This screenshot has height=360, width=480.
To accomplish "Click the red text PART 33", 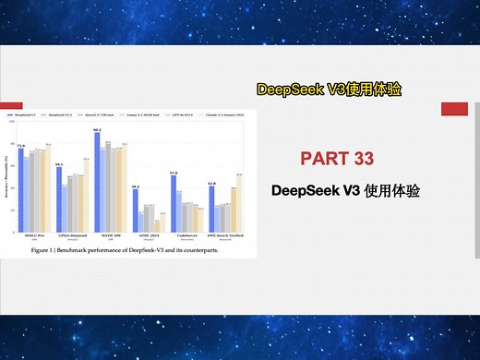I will click(x=337, y=158).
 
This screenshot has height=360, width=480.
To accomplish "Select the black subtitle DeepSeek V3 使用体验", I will click(x=346, y=191).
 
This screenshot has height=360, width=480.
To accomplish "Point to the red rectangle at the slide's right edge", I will click(x=454, y=109).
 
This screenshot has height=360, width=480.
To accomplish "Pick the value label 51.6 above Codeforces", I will click(x=174, y=174).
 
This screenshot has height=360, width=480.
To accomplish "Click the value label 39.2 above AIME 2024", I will click(x=135, y=187).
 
